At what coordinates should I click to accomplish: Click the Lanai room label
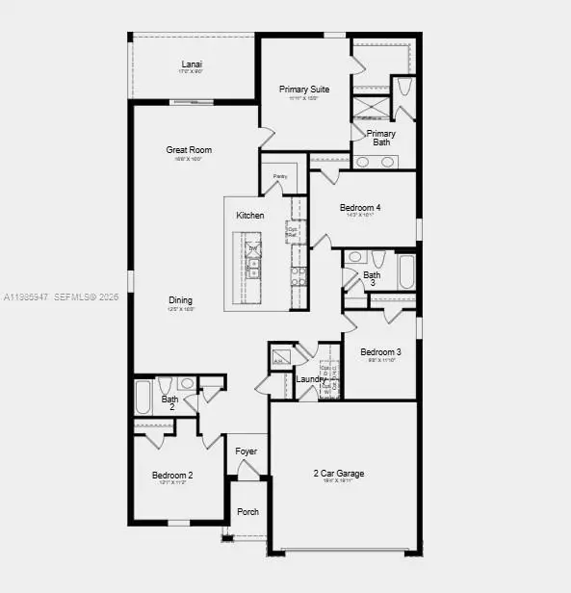(191, 64)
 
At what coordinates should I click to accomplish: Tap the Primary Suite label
(304, 90)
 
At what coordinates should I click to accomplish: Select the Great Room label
(189, 149)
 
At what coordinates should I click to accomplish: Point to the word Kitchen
(250, 215)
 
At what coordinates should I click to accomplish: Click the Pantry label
(280, 176)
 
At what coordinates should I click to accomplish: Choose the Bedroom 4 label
(360, 207)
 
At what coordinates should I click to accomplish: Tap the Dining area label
(182, 299)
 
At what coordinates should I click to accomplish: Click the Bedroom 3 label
(380, 352)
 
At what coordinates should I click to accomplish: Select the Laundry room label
(311, 379)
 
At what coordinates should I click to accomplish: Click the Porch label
(247, 511)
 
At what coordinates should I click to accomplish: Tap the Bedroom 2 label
(172, 475)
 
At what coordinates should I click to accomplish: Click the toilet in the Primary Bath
(403, 87)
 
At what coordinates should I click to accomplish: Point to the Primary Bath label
(381, 138)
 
